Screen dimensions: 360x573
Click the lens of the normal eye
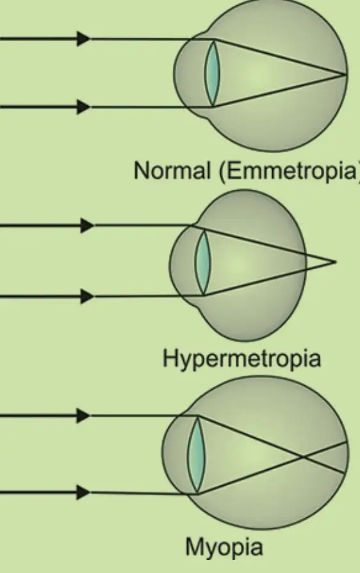212,73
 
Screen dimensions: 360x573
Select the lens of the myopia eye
196,454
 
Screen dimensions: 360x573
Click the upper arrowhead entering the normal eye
84,38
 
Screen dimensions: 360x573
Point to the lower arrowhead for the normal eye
84,106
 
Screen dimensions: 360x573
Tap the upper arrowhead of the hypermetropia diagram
87,226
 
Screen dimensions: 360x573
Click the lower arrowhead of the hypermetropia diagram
87,296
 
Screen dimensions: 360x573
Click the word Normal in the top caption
172,170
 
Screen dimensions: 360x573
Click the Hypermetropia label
241,359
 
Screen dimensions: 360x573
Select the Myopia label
224,547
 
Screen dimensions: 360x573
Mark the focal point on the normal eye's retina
345,75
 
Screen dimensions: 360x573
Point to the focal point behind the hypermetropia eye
335,262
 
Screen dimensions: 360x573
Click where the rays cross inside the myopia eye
304,456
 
